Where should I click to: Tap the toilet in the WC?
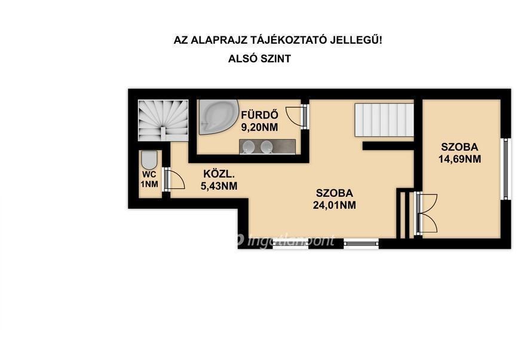pyautogui.click(x=149, y=160)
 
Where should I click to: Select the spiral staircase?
pyautogui.click(x=163, y=120)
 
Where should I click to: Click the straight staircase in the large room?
pyautogui.click(x=384, y=120)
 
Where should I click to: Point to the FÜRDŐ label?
pyautogui.click(x=259, y=115)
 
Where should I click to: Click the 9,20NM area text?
pyautogui.click(x=259, y=127)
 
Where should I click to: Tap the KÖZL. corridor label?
pyautogui.click(x=219, y=173)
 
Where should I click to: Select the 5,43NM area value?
pyautogui.click(x=219, y=185)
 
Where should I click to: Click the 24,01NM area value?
pyautogui.click(x=334, y=205)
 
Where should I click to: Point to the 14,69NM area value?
pyautogui.click(x=459, y=159)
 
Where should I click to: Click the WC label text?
pyautogui.click(x=149, y=175)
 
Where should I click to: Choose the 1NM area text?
pyautogui.click(x=149, y=184)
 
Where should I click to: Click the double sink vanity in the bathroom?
pyautogui.click(x=268, y=147)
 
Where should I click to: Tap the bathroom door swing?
pyautogui.click(x=296, y=116)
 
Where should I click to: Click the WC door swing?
pyautogui.click(x=174, y=179)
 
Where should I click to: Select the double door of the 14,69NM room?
pyautogui.click(x=427, y=213)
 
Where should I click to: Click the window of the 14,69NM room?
pyautogui.click(x=505, y=169)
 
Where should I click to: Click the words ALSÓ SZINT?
pyautogui.click(x=259, y=59)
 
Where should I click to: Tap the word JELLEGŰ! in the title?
pyautogui.click(x=356, y=40)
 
